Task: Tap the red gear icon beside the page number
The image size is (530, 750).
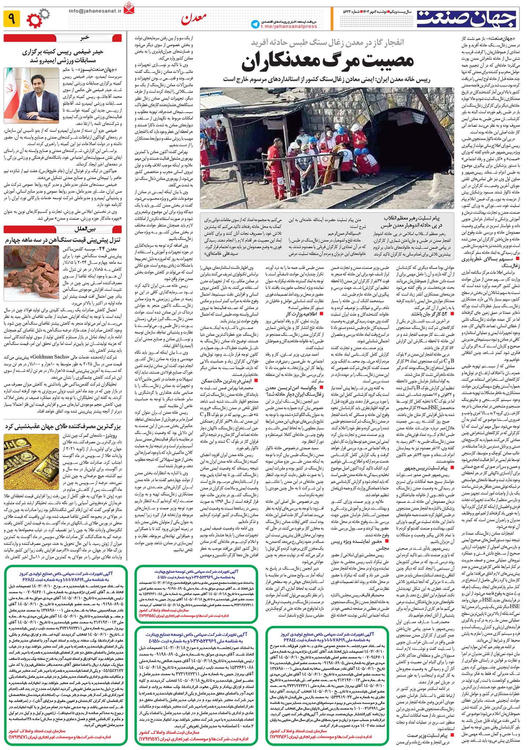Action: [x=34, y=20]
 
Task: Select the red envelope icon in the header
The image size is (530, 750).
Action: [x=129, y=8]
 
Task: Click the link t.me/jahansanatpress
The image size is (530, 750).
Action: [x=289, y=26]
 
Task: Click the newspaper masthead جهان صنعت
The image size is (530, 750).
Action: [x=466, y=19]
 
